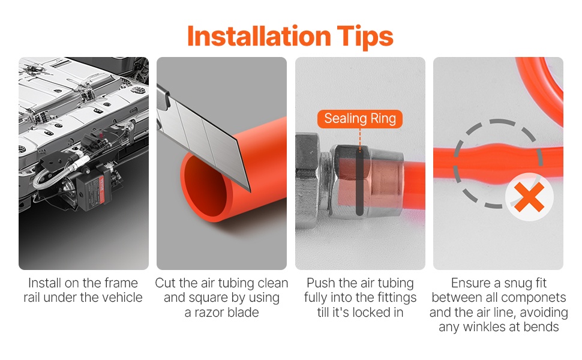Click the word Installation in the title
259,36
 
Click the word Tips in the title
365,37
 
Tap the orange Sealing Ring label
359,119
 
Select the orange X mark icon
529,197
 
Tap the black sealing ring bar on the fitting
359,182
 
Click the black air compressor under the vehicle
93,189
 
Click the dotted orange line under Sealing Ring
359,139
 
